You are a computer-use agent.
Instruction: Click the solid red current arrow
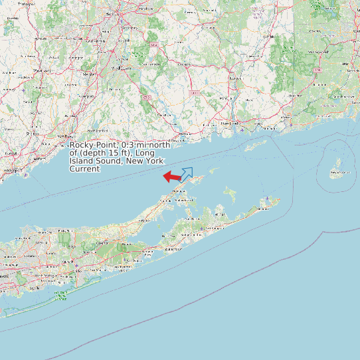tap(172, 177)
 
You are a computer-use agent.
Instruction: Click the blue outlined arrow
tap(187, 174)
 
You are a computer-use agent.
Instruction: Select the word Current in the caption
tap(84, 169)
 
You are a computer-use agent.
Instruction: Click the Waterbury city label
tap(42, 68)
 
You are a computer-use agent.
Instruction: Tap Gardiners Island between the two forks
tap(230, 195)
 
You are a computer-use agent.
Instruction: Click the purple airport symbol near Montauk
tap(267, 199)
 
